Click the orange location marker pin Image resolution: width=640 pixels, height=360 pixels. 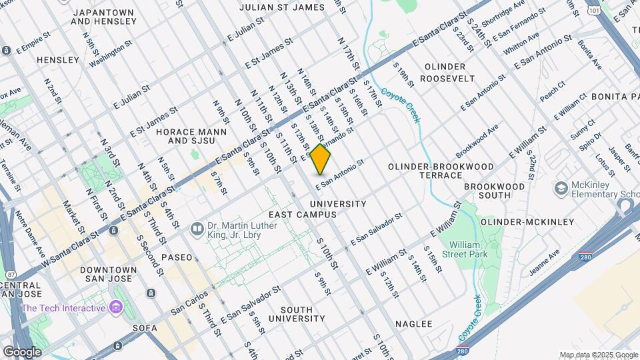tap(321, 159)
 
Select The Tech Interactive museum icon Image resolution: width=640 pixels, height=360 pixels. tap(117, 307)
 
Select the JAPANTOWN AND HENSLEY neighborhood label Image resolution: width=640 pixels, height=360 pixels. tap(103, 17)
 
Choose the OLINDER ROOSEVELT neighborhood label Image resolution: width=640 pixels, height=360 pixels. tap(449, 72)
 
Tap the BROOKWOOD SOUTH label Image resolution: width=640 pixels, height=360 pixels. tap(487, 191)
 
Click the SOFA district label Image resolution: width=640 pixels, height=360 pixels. tap(145, 328)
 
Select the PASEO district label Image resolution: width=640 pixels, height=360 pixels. tap(176, 257)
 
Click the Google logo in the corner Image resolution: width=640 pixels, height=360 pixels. tap(22, 351)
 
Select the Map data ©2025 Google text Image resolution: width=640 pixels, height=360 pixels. tap(598, 355)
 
